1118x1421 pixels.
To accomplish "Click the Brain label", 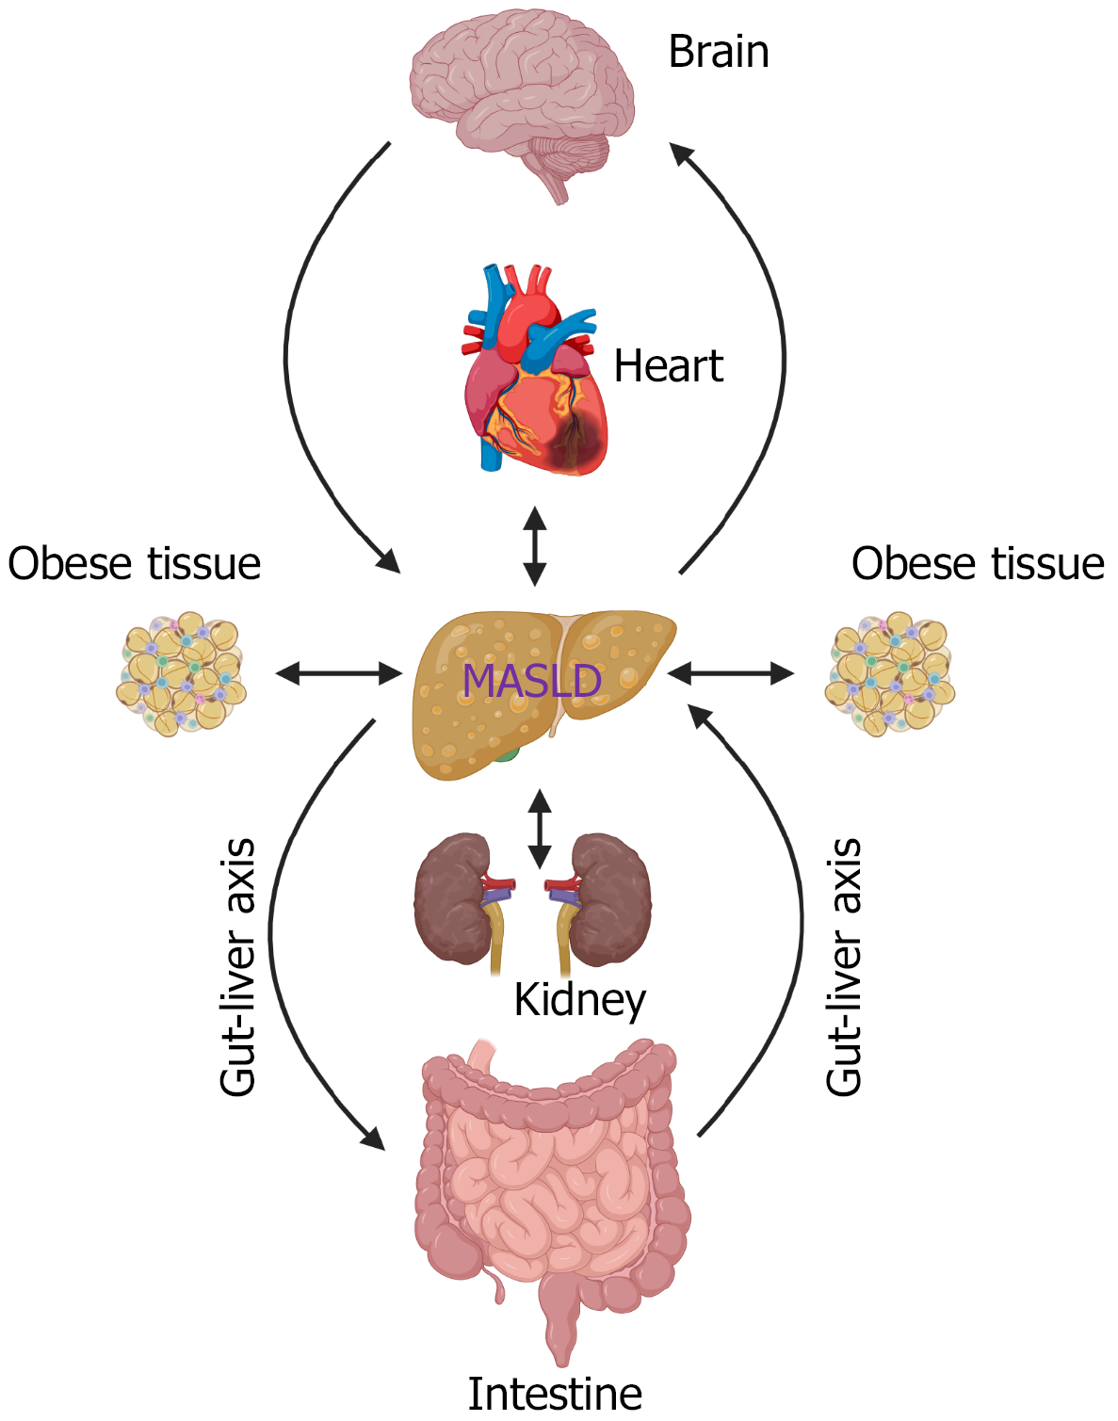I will tap(719, 52).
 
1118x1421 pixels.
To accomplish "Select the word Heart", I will tap(668, 366).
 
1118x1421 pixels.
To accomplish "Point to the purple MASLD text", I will tap(532, 681).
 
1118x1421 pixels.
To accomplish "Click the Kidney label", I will tap(579, 1000).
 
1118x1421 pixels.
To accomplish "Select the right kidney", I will tap(612, 899).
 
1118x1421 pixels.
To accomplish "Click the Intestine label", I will tap(555, 1394).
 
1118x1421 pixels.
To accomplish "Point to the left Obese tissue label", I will tap(135, 564).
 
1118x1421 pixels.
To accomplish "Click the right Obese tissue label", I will tap(978, 564).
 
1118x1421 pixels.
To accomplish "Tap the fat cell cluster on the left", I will tap(181, 674).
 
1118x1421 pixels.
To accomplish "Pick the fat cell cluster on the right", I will tap(890, 674).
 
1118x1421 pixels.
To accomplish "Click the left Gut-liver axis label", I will tap(238, 967).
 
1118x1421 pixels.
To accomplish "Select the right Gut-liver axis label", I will tap(844, 967).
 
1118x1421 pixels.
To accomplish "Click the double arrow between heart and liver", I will tap(535, 546).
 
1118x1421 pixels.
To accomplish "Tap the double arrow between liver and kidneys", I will tap(539, 829).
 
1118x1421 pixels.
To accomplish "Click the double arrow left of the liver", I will tap(339, 673).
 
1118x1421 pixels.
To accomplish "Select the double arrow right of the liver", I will tap(731, 673).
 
